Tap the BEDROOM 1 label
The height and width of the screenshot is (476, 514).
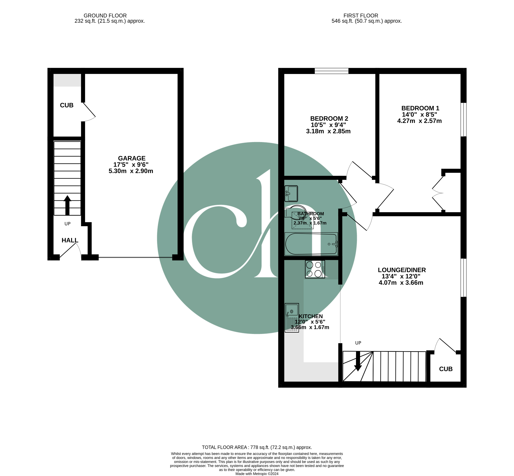(x=420, y=108)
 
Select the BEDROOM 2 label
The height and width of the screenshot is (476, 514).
(x=329, y=119)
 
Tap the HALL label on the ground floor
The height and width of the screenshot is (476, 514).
(x=70, y=240)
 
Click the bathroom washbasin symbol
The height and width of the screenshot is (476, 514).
(x=291, y=193)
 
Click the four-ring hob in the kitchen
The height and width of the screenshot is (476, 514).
(x=315, y=269)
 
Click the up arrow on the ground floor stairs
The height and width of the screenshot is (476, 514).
(x=67, y=205)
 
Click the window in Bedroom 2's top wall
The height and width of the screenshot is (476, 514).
(x=331, y=71)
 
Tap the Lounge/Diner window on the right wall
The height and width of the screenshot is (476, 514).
(x=463, y=278)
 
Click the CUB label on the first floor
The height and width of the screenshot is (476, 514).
(x=446, y=369)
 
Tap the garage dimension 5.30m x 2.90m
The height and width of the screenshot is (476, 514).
(x=131, y=171)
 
